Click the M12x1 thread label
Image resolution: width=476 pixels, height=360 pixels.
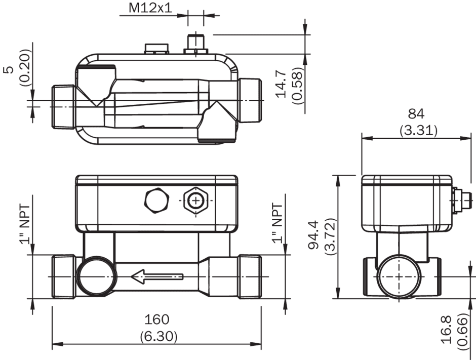150,8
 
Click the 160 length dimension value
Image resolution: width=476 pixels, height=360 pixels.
156,319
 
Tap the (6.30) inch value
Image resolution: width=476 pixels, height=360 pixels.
158,336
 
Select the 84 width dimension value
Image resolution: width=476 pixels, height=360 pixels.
416,114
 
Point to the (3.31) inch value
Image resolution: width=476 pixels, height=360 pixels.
418,131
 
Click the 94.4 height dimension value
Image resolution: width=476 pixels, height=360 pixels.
313,234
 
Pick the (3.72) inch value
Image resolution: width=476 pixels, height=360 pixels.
330,236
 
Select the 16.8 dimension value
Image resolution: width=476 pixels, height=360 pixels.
447,330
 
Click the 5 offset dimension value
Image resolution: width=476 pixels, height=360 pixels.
10,69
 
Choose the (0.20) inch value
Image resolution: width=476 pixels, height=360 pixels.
25,68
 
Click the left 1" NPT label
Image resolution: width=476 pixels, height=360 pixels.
25,224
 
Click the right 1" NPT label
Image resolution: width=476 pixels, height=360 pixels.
277,223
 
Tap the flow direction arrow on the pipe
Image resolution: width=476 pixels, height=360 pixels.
157,277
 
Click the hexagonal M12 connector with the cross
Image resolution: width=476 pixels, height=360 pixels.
196,201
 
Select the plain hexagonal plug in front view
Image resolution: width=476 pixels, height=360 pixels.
156,201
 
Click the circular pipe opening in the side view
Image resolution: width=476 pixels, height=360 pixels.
399,277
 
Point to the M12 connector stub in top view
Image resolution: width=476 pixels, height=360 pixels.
196,45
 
